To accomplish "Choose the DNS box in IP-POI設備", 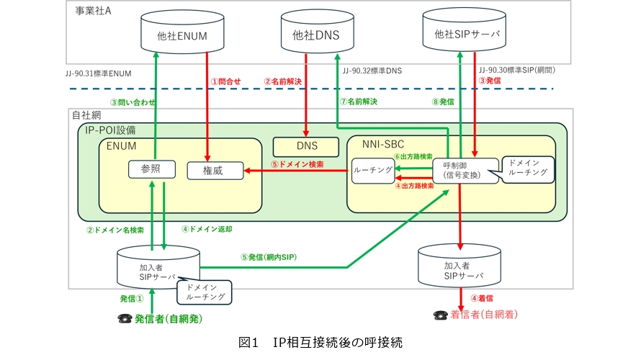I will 306,146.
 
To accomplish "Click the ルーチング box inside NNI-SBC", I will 373,171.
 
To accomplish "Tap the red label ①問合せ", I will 225,81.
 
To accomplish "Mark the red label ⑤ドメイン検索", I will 297,164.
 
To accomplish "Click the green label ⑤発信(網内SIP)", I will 269,257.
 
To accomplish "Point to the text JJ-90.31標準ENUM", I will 98,72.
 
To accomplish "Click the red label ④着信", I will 482,297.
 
